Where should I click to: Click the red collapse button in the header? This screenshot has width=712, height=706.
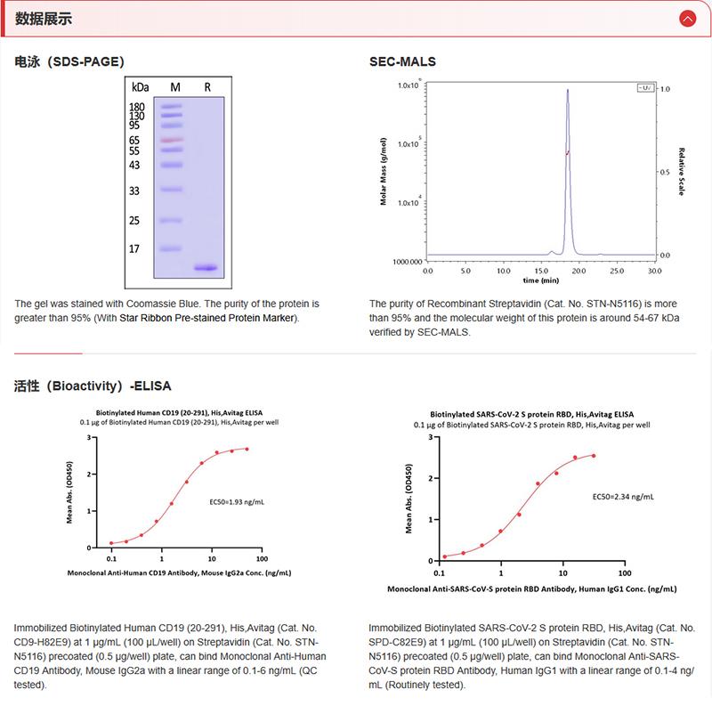pos(686,18)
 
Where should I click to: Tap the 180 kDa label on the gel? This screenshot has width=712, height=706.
pos(137,107)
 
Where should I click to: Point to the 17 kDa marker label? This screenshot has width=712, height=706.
pos(135,249)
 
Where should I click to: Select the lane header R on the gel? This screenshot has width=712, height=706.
pos(207,87)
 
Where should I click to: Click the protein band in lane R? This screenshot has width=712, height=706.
pos(206,267)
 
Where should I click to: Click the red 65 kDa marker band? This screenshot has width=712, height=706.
pos(172,140)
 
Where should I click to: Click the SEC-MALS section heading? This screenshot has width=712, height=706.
pos(402,62)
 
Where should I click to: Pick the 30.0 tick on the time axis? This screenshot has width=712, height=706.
pos(654,269)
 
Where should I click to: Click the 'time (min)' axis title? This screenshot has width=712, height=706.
pos(540,280)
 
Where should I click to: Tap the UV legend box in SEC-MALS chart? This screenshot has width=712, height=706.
pos(645,88)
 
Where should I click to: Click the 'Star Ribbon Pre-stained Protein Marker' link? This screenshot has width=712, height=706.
pos(223,318)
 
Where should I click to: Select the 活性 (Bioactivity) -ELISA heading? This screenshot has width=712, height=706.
pos(93,386)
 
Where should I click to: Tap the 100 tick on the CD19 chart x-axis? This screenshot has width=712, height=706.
pos(262,558)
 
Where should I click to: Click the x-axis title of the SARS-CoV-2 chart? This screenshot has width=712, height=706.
pos(531,589)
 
